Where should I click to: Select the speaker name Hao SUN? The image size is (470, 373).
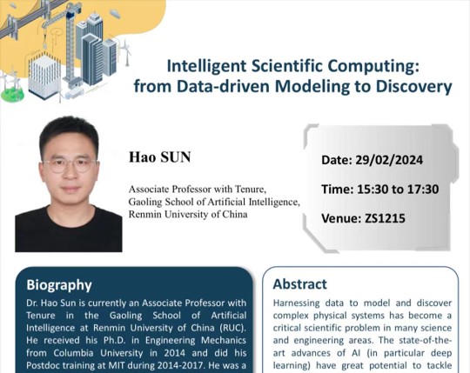[160, 157]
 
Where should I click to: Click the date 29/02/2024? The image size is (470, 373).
[389, 160]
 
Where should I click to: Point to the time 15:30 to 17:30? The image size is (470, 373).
[398, 190]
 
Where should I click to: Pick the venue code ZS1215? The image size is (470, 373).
[385, 218]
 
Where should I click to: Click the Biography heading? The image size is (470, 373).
[59, 285]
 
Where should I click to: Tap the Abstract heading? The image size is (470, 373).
[299, 284]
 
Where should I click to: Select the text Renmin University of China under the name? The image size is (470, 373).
[188, 215]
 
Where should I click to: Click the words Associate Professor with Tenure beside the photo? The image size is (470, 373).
[197, 190]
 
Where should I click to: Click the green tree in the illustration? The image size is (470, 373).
[12, 94]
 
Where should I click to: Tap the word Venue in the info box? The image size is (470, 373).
[341, 218]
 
